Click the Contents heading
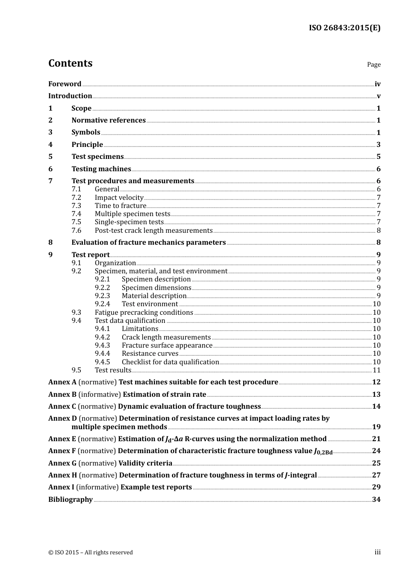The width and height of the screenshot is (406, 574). pos(70,63)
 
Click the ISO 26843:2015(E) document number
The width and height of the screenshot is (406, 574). pos(344,28)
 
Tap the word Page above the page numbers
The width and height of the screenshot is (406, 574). pos(374,64)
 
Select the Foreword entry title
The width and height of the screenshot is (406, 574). pos(65,84)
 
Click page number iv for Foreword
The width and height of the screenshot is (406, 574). pos(377,84)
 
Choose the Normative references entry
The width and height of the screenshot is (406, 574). pos(109,120)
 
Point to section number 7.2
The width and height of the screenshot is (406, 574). pos(76,197)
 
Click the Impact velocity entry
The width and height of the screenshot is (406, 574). pos(119,197)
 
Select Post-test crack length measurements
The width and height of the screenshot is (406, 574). pos(153,231)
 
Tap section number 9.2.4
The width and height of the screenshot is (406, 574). pos(102,304)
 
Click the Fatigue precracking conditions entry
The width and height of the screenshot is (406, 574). pos(144,313)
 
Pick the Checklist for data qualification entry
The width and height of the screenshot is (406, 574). pos(170,362)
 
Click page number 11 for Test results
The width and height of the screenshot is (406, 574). pos(377,370)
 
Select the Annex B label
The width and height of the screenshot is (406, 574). pos(62,395)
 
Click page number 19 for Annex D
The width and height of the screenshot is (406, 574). pos(376,427)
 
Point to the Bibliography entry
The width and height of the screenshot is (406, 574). pos(71,500)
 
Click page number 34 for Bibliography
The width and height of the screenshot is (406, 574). pos(376,500)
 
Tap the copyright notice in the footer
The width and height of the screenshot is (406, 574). pos(91,553)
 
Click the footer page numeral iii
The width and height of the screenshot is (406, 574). pos(377,552)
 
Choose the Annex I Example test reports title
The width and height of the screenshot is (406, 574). pos(156,487)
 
